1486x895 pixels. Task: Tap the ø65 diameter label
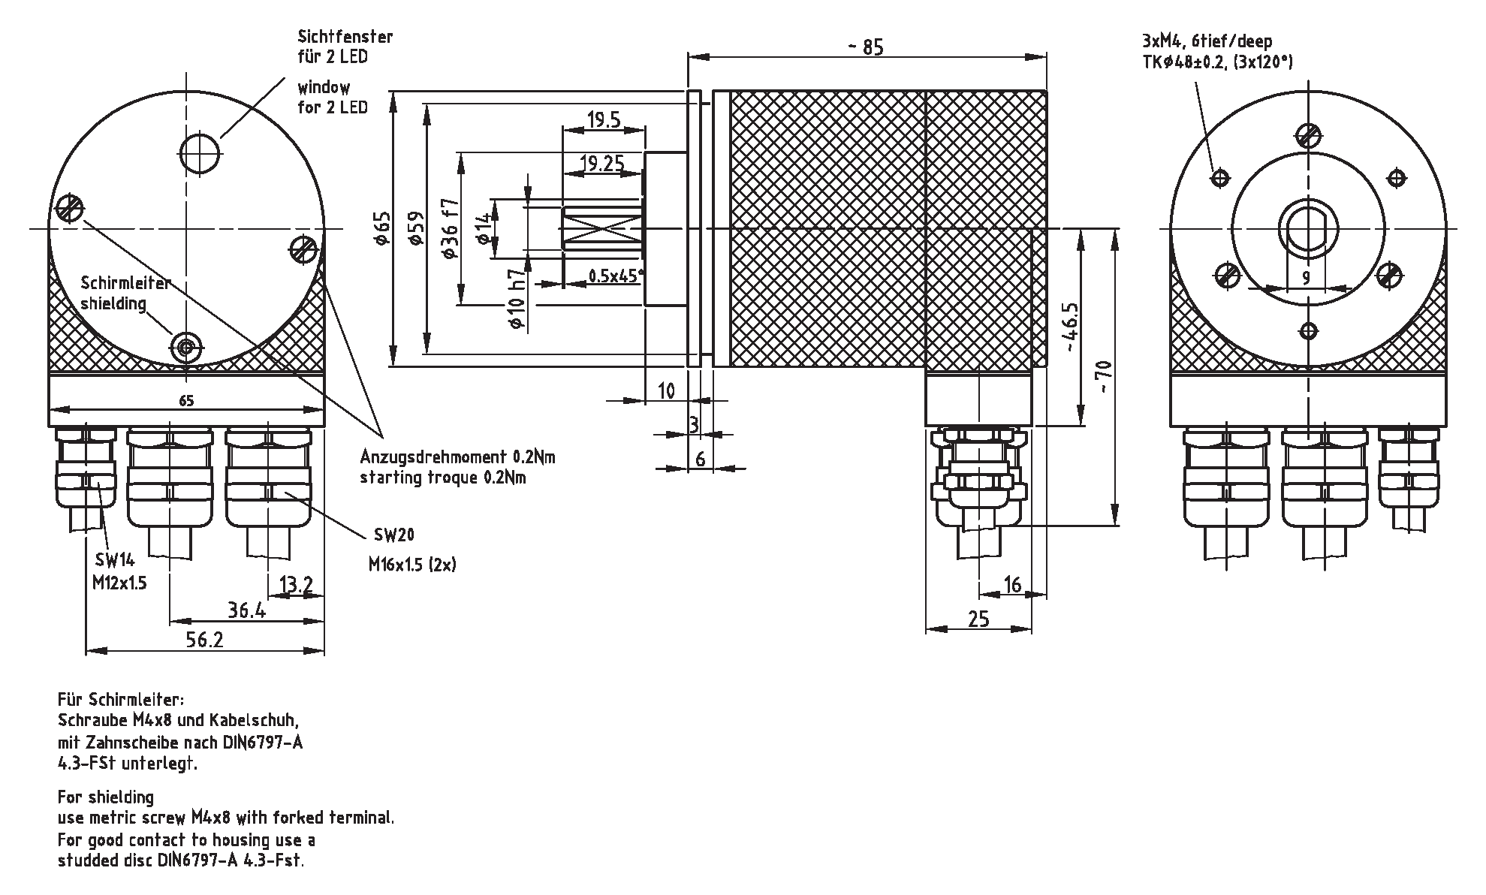(x=382, y=228)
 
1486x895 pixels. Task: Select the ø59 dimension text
(x=415, y=228)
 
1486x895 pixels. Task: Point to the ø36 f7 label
(x=450, y=228)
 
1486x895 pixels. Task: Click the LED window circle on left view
(x=200, y=153)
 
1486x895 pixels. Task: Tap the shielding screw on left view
(x=185, y=347)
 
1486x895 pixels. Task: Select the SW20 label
(x=393, y=535)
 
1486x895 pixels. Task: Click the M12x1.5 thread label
(x=119, y=582)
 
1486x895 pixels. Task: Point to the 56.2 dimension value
(x=205, y=639)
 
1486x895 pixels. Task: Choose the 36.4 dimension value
(x=247, y=610)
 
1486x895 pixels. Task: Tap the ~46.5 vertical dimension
(x=1070, y=327)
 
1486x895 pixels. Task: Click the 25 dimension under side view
(x=978, y=619)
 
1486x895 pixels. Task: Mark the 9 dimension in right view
(x=1306, y=279)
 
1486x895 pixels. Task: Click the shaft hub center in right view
(x=1307, y=228)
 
